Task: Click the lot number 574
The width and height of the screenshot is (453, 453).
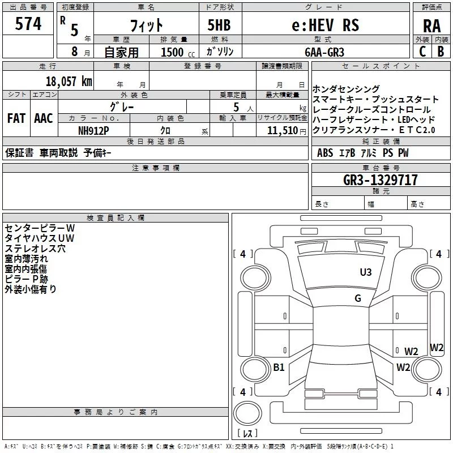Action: [x=28, y=24]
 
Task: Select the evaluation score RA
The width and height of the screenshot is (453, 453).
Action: [x=431, y=26]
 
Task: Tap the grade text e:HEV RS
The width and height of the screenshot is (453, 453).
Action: [x=325, y=25]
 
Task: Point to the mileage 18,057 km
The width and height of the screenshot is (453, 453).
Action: [x=68, y=81]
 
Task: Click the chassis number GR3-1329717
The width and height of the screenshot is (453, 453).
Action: [x=381, y=180]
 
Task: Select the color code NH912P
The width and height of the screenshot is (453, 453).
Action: [x=95, y=130]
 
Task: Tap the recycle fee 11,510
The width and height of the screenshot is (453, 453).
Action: [x=279, y=130]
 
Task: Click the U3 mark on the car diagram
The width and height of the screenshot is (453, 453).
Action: [x=366, y=272]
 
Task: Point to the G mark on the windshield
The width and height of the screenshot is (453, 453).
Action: [x=358, y=298]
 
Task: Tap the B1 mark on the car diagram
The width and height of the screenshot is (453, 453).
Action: [x=279, y=367]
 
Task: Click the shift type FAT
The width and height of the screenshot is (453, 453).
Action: [x=16, y=118]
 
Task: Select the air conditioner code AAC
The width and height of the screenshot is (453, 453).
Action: [x=44, y=118]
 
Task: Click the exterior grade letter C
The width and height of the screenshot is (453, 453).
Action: [x=422, y=52]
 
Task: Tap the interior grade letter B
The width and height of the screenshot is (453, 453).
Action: [x=441, y=52]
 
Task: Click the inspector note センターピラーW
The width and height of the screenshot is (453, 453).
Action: [x=35, y=228]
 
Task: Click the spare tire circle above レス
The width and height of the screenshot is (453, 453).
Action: [x=247, y=412]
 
